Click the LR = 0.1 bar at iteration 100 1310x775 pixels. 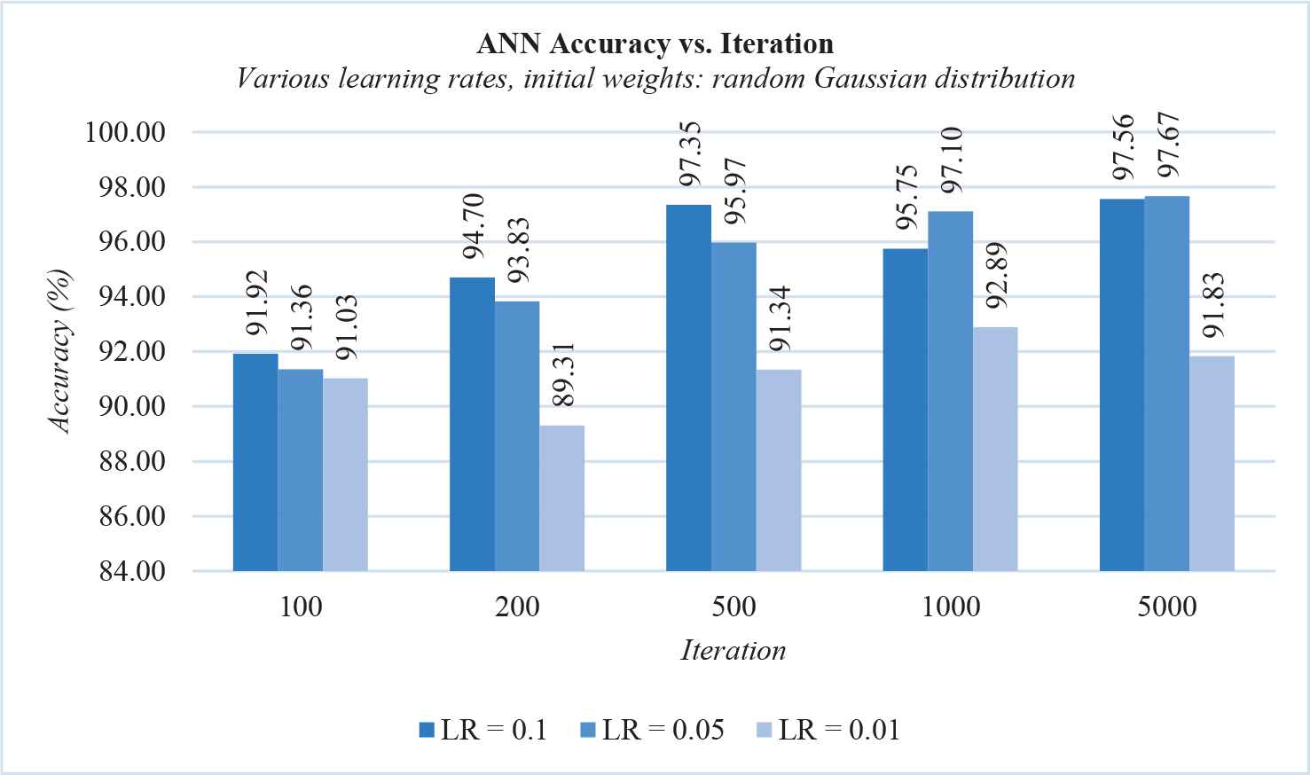(255, 462)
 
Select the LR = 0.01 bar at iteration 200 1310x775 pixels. (561, 498)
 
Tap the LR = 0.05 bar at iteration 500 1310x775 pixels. (733, 406)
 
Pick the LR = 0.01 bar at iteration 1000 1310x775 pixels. (995, 449)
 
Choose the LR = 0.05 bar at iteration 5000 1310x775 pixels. (1166, 383)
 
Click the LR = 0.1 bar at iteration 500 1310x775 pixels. (688, 387)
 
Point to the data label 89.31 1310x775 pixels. (562, 374)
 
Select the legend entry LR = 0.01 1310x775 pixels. (838, 730)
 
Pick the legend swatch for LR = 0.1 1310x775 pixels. (426, 730)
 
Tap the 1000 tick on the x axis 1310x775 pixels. (950, 607)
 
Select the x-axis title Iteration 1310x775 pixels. (733, 651)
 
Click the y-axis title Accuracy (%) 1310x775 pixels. (60, 352)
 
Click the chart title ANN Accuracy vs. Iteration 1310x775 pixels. (655, 43)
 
